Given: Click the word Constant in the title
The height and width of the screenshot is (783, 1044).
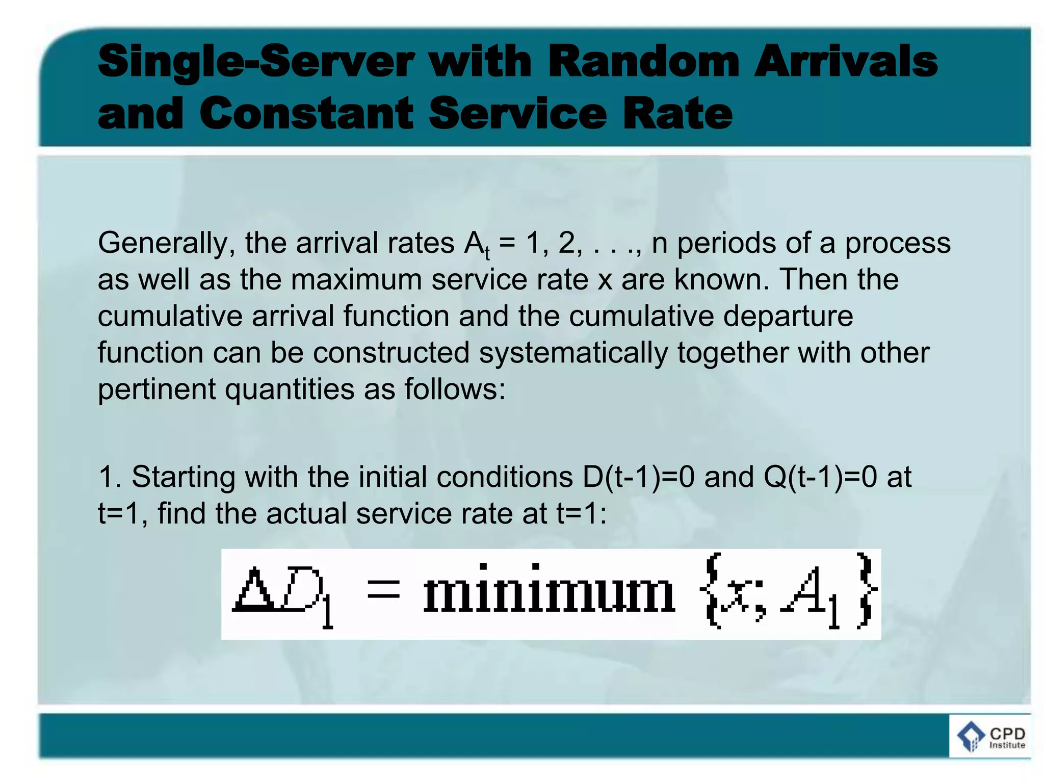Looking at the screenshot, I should click(306, 113).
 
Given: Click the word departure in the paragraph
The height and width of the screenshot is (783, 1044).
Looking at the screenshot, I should click(788, 316).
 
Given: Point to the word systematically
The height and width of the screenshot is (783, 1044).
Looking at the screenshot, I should click(573, 353).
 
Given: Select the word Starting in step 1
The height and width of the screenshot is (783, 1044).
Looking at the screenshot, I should click(183, 477).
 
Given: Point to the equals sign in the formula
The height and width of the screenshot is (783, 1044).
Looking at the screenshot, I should click(383, 591).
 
